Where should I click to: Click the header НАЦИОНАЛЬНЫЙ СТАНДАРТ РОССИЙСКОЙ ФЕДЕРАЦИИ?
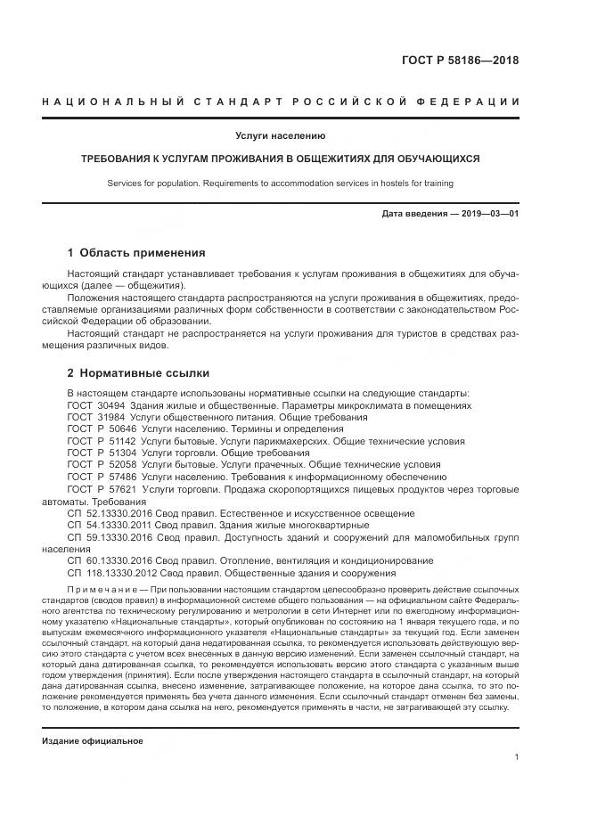point(281,102)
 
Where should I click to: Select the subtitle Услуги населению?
point(281,136)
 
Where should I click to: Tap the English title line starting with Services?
point(281,183)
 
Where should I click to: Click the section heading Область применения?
point(143,253)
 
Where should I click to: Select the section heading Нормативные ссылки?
point(145,373)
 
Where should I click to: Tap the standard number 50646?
point(114,429)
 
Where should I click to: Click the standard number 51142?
point(114,441)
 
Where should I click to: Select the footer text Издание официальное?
point(93,741)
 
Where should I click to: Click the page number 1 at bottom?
point(517,757)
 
